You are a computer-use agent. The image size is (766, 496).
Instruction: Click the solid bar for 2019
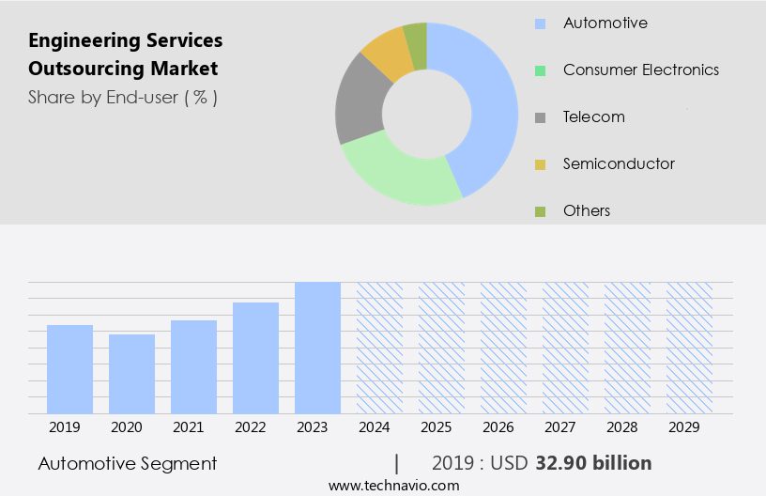tap(69, 369)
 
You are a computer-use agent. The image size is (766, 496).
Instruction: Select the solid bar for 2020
tap(131, 374)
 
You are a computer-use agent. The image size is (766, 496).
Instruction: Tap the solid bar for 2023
tap(317, 348)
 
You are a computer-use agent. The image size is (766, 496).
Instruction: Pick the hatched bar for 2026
tap(503, 348)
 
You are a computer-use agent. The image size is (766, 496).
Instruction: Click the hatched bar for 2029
tap(689, 348)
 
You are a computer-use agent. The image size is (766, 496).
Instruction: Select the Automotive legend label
tap(605, 23)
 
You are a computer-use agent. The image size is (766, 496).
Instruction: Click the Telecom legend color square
tap(540, 117)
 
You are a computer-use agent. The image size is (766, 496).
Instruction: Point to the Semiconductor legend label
tap(619, 163)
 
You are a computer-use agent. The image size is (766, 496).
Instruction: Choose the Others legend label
tap(587, 210)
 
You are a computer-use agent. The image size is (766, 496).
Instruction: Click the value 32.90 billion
tap(593, 463)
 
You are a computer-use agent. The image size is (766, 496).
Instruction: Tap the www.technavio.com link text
tap(393, 485)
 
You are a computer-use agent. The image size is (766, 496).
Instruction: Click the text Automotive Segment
tap(128, 463)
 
